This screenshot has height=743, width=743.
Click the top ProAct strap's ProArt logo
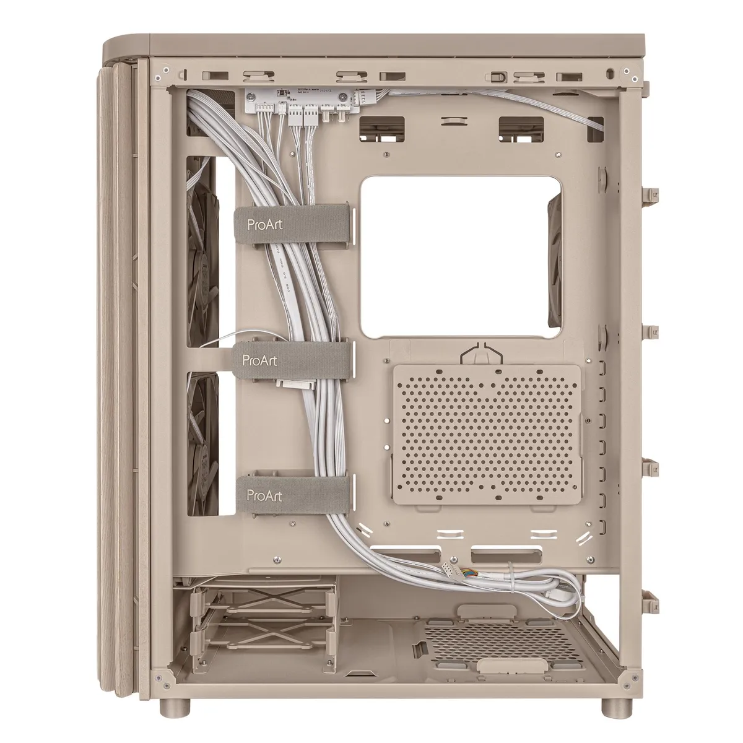coord(264,224)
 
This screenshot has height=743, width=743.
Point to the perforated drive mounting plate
coord(486,432)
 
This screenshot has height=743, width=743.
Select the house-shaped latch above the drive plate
coord(480,354)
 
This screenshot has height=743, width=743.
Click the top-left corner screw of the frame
coord(160,77)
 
